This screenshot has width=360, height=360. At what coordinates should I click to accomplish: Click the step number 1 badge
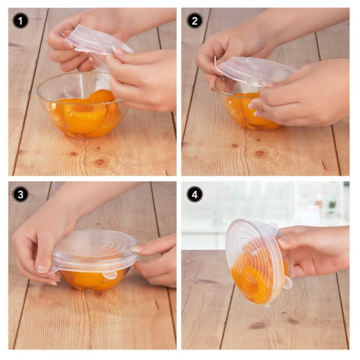(21, 21)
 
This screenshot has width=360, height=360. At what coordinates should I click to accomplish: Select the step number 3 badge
(21, 194)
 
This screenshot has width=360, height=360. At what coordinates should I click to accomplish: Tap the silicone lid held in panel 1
(96, 40)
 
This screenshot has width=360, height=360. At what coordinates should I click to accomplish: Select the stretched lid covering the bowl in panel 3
(96, 248)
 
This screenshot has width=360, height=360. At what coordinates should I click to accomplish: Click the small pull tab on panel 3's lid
(110, 274)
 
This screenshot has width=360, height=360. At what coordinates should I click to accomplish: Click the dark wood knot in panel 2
(260, 153)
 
